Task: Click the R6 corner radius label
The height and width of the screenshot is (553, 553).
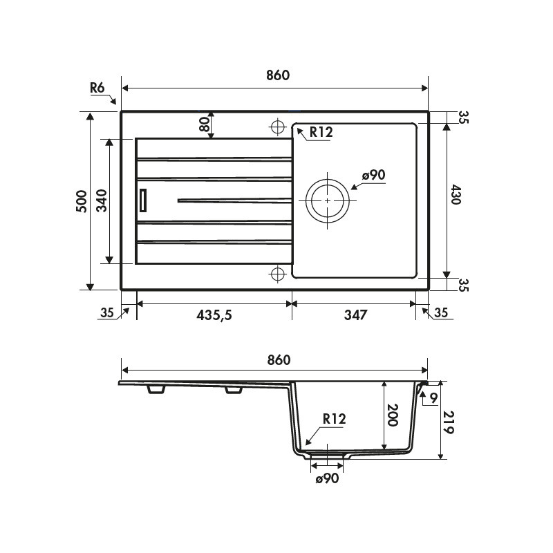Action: click(x=97, y=88)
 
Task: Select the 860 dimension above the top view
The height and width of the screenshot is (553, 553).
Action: click(x=276, y=75)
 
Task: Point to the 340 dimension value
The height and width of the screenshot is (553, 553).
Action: click(x=101, y=200)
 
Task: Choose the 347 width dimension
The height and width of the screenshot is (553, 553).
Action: click(x=353, y=315)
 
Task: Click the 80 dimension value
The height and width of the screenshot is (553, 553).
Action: click(x=204, y=124)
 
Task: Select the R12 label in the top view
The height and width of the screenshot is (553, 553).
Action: click(x=321, y=133)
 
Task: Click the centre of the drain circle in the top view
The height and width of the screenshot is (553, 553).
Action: click(x=326, y=200)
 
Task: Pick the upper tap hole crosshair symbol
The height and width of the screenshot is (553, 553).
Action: click(x=277, y=128)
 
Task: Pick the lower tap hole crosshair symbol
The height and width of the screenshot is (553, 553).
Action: click(x=277, y=274)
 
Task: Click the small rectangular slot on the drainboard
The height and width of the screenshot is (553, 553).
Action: click(x=143, y=200)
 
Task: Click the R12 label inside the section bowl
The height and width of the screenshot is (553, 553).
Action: click(x=333, y=418)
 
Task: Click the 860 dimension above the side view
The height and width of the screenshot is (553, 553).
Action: click(x=276, y=360)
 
